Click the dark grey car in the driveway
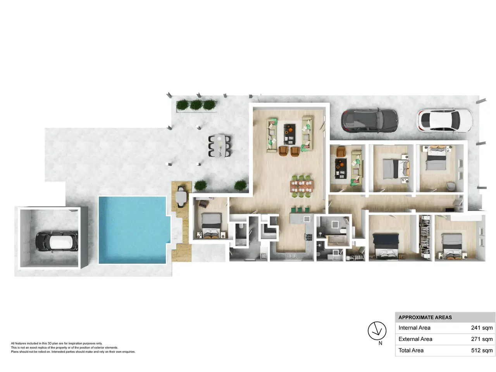[369, 121]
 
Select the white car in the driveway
[444, 121]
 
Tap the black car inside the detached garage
[57, 241]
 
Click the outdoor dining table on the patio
[219, 146]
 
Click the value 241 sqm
[482, 328]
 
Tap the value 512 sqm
[482, 350]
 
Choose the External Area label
[415, 339]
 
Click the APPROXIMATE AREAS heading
[425, 317]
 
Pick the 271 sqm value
[482, 339]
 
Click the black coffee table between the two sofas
[289, 134]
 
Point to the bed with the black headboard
[385, 246]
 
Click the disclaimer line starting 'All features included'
[57, 343]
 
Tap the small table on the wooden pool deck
[181, 197]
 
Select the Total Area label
[411, 350]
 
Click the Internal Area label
[414, 328]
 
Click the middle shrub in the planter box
[196, 105]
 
